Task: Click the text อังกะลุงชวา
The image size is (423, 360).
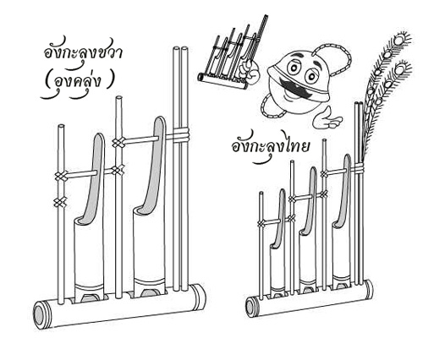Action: point(84,53)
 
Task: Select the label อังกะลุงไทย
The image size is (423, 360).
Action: point(271,146)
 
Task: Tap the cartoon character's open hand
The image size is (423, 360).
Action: point(327,118)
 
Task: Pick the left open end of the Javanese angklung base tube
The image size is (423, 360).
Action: point(41,315)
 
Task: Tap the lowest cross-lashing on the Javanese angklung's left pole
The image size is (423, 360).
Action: point(60,202)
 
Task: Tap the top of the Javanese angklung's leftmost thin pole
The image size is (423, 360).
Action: point(61,126)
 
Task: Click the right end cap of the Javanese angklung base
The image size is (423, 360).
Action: point(199,297)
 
